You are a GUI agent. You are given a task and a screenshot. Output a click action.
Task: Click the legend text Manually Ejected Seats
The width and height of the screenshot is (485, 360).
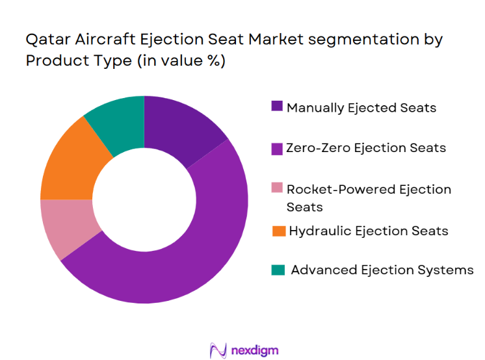pos(361,107)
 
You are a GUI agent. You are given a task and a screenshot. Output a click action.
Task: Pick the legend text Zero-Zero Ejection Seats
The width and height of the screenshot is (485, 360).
pos(366,148)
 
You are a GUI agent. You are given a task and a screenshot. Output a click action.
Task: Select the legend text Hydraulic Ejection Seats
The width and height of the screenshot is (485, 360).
pos(368,231)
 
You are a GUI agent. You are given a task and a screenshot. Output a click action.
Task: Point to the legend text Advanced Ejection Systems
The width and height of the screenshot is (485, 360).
pos(382,270)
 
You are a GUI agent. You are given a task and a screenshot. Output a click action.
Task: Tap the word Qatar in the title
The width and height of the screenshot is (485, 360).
pos(45,40)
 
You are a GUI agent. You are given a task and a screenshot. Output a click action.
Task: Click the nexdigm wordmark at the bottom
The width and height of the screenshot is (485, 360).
pos(254,351)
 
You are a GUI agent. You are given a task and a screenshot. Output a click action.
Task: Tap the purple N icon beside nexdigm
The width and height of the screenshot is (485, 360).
pos(217,350)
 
